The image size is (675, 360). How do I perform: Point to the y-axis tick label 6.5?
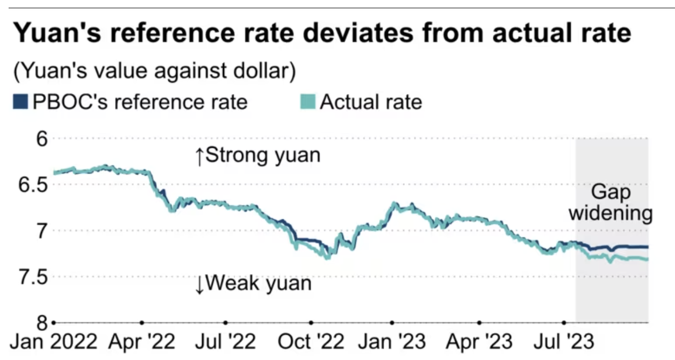pos(33,184)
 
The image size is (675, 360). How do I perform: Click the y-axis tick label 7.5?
pos(33,277)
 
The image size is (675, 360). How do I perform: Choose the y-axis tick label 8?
pos(42,323)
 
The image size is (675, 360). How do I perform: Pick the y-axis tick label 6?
pos(42,139)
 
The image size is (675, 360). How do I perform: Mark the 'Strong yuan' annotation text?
pos(263,156)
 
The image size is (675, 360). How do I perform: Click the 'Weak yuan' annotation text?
pos(258,283)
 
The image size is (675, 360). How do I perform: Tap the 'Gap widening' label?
pos(611,203)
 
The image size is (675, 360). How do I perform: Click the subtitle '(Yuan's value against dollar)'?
pos(155,71)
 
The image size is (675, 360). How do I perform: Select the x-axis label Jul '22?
pos(225,342)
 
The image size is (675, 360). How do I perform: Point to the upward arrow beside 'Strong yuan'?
pos(199,156)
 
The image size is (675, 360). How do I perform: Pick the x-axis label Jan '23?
pos(392,342)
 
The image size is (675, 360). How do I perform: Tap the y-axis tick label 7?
pos(42,231)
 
